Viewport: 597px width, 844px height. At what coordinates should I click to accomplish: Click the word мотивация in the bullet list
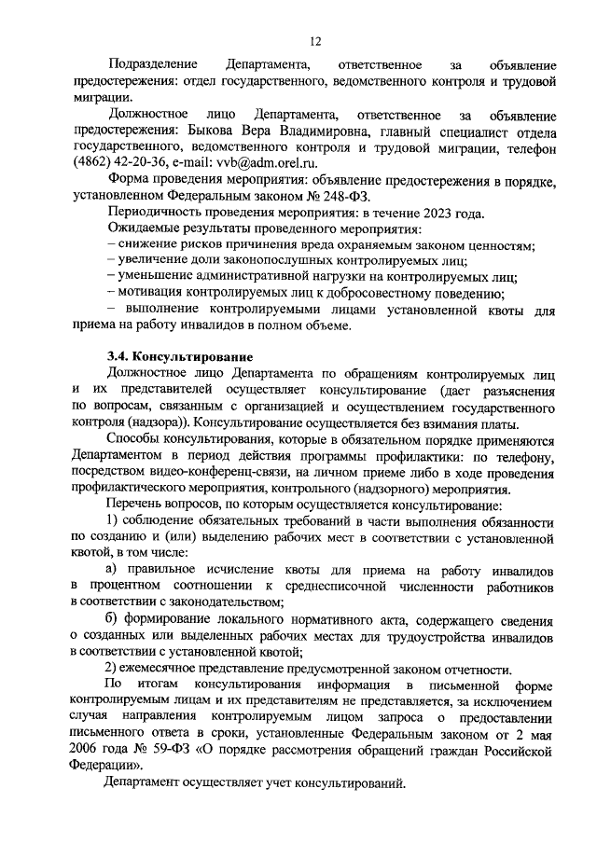coord(151,294)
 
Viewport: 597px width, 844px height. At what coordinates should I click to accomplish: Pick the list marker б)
coord(114,619)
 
